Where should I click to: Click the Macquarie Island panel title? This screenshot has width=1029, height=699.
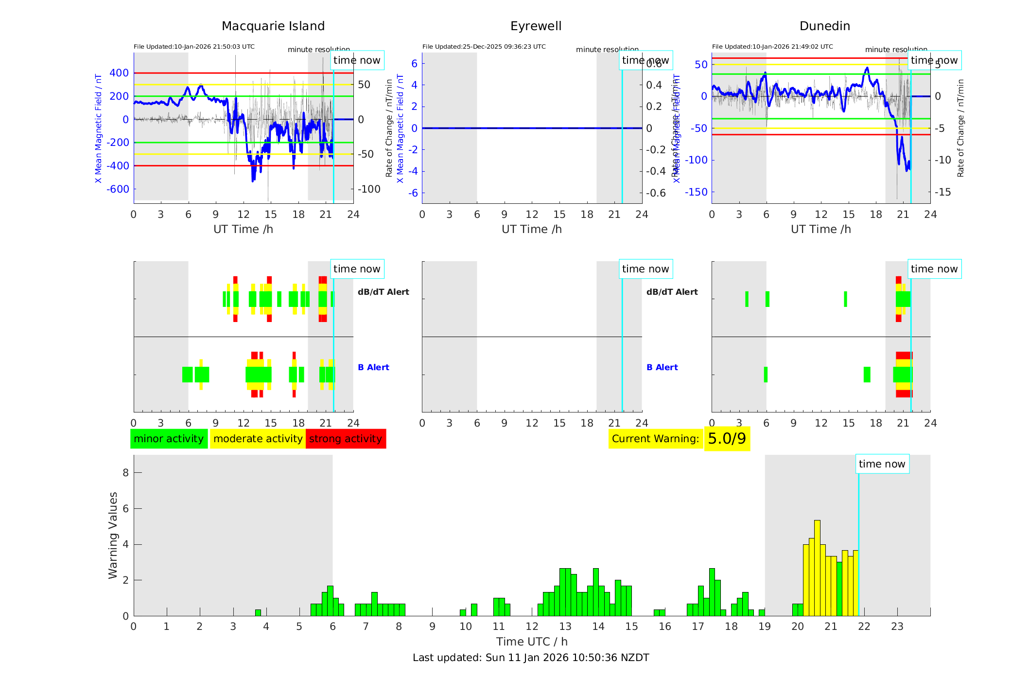pyautogui.click(x=273, y=26)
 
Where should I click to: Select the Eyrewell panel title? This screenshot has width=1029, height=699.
pyautogui.click(x=536, y=26)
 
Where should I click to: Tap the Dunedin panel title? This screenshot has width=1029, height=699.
pyautogui.click(x=824, y=26)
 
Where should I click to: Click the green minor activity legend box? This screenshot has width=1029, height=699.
pyautogui.click(x=169, y=439)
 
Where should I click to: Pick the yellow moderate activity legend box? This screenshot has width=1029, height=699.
pyautogui.click(x=258, y=439)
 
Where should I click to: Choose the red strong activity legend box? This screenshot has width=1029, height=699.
pyautogui.click(x=346, y=439)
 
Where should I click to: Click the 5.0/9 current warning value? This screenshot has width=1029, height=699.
pyautogui.click(x=727, y=439)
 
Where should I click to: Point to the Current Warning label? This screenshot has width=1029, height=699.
pyautogui.click(x=655, y=439)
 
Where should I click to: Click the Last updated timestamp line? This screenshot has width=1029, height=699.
pyautogui.click(x=531, y=658)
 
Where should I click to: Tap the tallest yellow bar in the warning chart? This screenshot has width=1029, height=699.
pyautogui.click(x=817, y=567)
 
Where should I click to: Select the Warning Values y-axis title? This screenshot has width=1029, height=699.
pyautogui.click(x=113, y=535)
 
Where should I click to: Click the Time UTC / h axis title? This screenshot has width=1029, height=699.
pyautogui.click(x=532, y=642)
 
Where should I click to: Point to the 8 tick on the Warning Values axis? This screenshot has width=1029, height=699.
pyautogui.click(x=126, y=472)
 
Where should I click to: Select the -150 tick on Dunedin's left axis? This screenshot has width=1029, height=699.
pyautogui.click(x=696, y=192)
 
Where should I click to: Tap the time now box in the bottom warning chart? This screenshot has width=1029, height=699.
pyautogui.click(x=882, y=464)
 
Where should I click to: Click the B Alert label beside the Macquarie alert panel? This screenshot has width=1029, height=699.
pyautogui.click(x=373, y=367)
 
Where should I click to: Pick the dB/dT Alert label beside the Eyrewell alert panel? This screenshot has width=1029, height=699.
pyautogui.click(x=672, y=292)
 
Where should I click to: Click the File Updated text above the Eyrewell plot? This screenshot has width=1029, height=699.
pyautogui.click(x=484, y=47)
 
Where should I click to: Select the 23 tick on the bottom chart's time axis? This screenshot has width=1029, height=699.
pyautogui.click(x=897, y=627)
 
